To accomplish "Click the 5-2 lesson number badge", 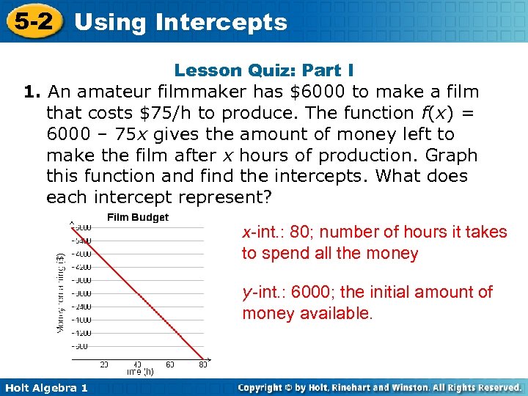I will click(32, 21).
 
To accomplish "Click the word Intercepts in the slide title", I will click(221, 22).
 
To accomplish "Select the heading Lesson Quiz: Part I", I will click(264, 70).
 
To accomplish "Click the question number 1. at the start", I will click(31, 92).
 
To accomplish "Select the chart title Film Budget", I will click(138, 217).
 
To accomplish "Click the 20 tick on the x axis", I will click(104, 364).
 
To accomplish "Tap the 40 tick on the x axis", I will click(137, 364).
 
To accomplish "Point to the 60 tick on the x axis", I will click(170, 364).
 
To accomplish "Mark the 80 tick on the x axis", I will click(203, 364).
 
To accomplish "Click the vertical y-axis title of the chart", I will click(61, 291).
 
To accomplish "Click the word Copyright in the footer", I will click(263, 387).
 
